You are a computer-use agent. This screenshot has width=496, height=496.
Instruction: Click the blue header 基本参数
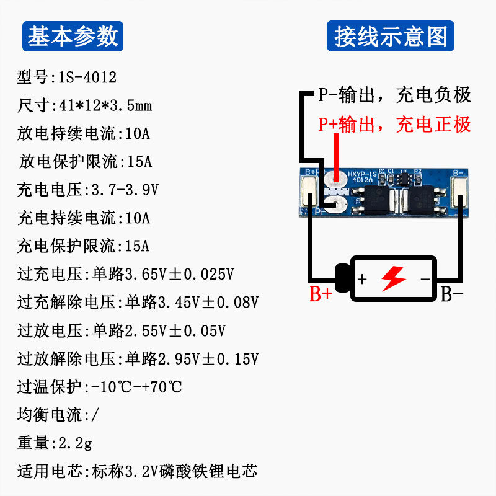[73, 36]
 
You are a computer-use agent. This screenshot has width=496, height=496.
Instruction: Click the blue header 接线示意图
[391, 36]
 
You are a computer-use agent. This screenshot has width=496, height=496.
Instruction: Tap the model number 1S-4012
[87, 78]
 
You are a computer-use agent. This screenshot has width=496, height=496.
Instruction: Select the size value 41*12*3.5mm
[101, 106]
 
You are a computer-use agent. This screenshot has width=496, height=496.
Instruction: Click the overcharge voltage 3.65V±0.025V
[180, 274]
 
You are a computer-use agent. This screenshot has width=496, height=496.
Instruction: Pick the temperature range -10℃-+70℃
[136, 387]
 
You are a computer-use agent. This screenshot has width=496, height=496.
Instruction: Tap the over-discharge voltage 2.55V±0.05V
[175, 330]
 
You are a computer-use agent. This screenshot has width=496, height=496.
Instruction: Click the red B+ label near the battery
[322, 294]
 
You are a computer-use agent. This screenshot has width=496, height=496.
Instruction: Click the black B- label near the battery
[452, 294]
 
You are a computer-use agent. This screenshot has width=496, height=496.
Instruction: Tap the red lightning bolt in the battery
[393, 279]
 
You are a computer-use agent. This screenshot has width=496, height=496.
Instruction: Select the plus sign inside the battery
[363, 279]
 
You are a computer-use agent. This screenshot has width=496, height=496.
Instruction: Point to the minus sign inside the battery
[425, 279]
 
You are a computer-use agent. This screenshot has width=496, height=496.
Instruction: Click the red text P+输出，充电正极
[395, 125]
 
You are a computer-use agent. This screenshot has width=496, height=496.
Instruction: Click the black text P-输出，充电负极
[395, 95]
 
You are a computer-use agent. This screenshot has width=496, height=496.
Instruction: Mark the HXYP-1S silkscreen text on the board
[363, 174]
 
